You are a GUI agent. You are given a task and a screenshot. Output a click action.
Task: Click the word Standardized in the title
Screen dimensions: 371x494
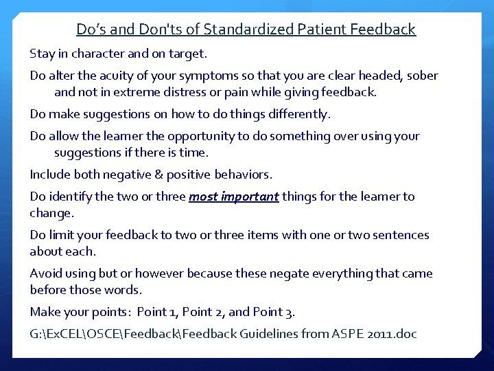coord(252,30)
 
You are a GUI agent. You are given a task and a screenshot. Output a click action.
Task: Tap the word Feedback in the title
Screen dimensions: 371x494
coord(383,30)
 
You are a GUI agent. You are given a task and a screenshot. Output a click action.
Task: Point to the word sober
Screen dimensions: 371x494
coord(422,76)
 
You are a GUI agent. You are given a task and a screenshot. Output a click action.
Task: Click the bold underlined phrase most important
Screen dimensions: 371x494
coord(234,196)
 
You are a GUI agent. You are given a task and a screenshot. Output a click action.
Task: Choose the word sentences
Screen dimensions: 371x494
coord(397,235)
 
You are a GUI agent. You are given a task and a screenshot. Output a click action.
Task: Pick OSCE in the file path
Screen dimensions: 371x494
coord(112,335)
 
